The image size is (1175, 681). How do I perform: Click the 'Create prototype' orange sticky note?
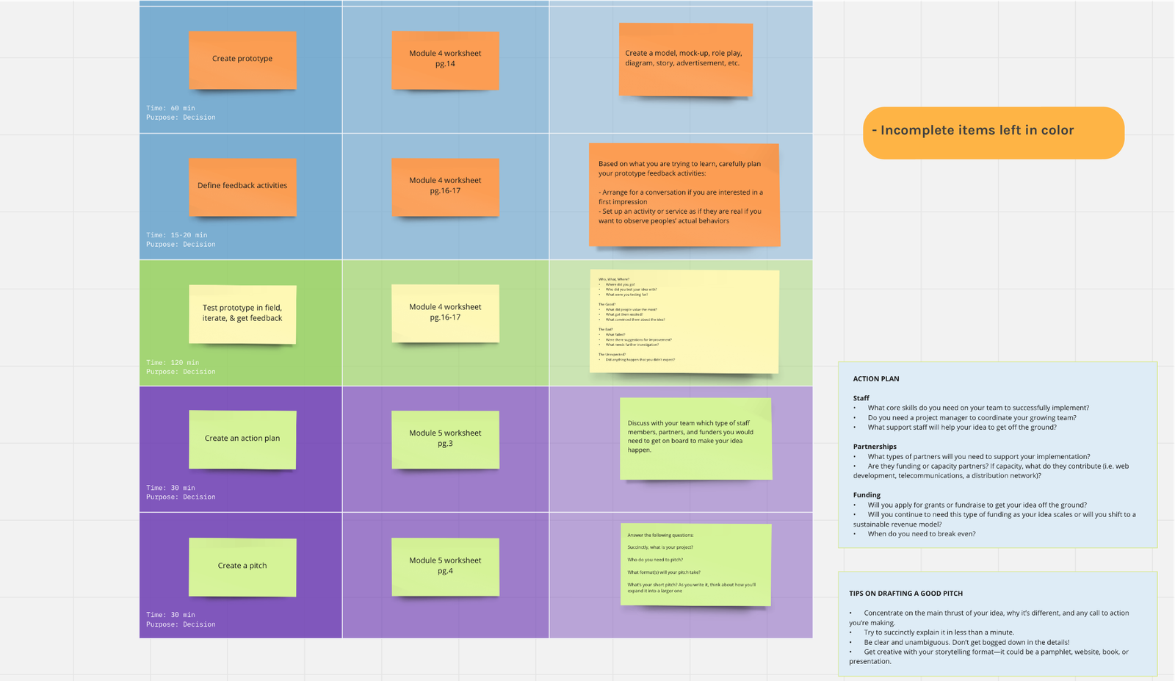point(242,60)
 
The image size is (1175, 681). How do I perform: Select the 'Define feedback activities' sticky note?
point(242,187)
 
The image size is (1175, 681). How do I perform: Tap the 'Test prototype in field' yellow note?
point(242,314)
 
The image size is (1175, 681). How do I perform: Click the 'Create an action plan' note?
point(242,439)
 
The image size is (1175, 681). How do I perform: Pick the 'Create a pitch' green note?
point(242,566)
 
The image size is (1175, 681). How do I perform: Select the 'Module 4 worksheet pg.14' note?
point(445,60)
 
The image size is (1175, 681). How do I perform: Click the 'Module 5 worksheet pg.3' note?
point(445,439)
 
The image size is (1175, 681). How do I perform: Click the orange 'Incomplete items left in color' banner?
point(993,132)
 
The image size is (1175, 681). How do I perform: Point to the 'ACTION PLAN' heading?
point(876,379)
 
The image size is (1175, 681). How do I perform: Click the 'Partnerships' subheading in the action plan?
point(875,447)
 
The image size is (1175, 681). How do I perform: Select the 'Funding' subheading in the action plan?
point(867,495)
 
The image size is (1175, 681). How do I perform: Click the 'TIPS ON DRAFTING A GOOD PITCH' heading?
point(905,594)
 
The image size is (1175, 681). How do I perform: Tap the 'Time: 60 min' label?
point(170,108)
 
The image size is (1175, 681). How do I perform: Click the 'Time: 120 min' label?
point(173,362)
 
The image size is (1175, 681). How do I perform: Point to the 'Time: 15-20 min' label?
point(176,235)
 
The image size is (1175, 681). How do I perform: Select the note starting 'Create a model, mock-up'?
point(685,60)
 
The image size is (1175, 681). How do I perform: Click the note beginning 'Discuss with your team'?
point(695,439)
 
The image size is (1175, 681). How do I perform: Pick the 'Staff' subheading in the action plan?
point(861,398)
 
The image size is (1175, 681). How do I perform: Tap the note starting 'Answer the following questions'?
point(695,564)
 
